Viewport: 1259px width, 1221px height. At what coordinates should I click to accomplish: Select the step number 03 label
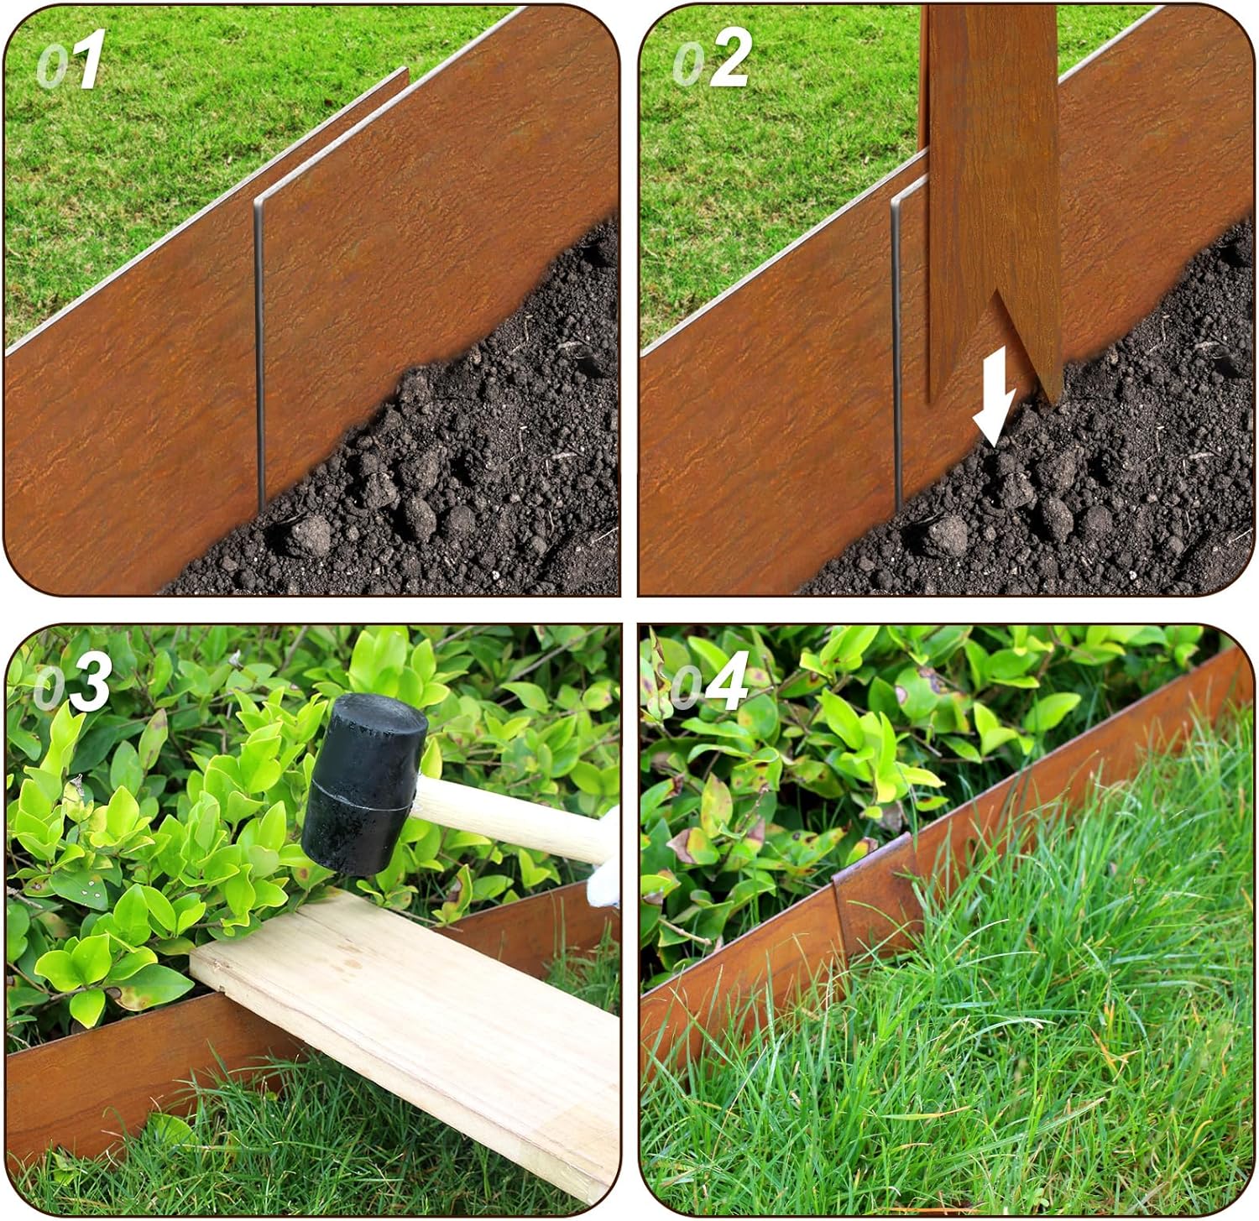(73, 681)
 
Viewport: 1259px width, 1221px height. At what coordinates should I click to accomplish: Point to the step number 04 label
(710, 681)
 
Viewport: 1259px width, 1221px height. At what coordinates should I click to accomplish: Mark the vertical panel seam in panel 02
(896, 352)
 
